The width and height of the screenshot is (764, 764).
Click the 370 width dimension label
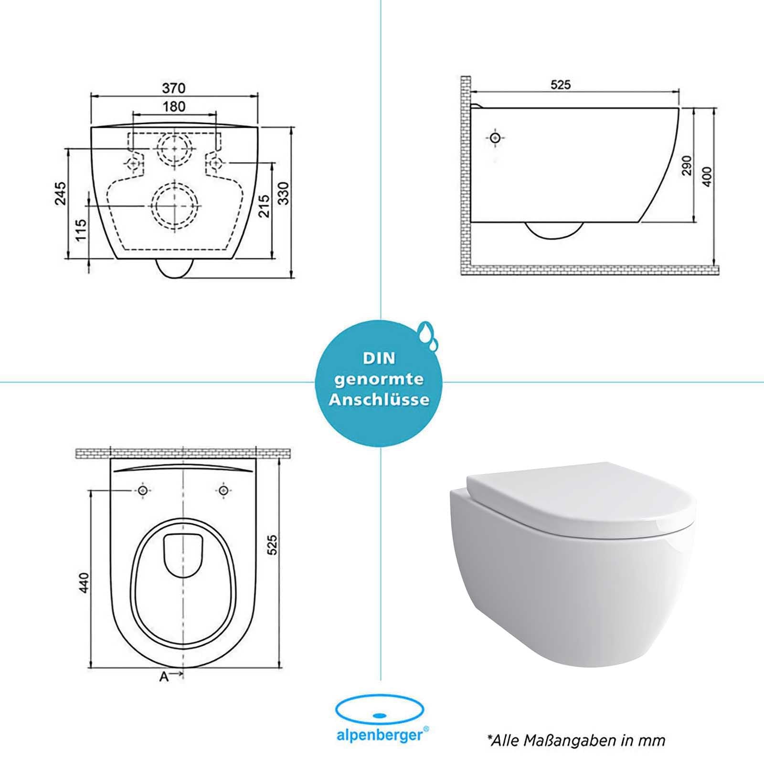pos(174,88)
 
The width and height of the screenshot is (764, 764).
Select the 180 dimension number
pos(174,106)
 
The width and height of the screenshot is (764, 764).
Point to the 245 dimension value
pos(61,193)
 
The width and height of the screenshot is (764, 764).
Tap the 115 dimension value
pos(82,230)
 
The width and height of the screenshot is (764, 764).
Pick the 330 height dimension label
pos(284,193)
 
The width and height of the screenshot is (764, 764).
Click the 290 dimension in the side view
pos(687,165)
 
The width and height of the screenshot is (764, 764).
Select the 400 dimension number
pos(707,177)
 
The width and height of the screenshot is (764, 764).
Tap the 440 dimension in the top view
pos(84,583)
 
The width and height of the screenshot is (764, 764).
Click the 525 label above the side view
pos(561,85)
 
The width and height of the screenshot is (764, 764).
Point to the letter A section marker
pos(164,677)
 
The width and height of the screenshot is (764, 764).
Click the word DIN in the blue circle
pos(379,358)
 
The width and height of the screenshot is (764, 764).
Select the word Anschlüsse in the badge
pos(379,400)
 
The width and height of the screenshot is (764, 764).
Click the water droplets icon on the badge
pos(427,333)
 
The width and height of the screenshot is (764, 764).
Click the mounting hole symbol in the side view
pos(496,138)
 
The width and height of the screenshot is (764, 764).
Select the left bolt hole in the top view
pos(143,490)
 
